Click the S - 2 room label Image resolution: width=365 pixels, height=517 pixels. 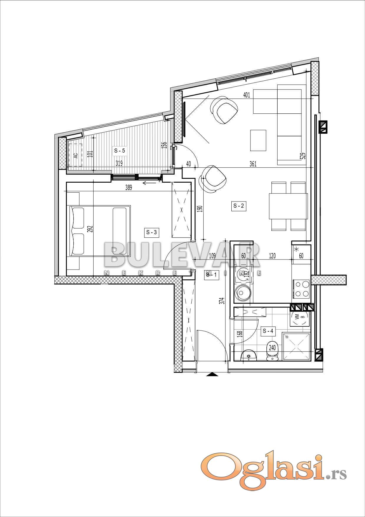(238, 206)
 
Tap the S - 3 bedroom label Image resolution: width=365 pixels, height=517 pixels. (152, 232)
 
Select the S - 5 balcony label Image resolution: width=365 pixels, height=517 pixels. (120, 151)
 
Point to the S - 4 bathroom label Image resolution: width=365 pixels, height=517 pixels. (268, 331)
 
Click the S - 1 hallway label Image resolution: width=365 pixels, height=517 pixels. (211, 275)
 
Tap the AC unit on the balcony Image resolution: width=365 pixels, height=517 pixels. (75, 155)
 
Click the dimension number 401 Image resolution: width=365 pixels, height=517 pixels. (247, 95)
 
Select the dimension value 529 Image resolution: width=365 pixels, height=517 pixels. (303, 156)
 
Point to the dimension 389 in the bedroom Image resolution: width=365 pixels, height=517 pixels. (129, 187)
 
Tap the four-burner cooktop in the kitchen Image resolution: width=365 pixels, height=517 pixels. (302, 289)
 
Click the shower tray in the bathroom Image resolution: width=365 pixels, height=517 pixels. (296, 347)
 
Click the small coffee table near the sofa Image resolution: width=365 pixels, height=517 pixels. (258, 140)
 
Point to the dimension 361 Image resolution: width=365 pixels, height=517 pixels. (253, 164)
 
